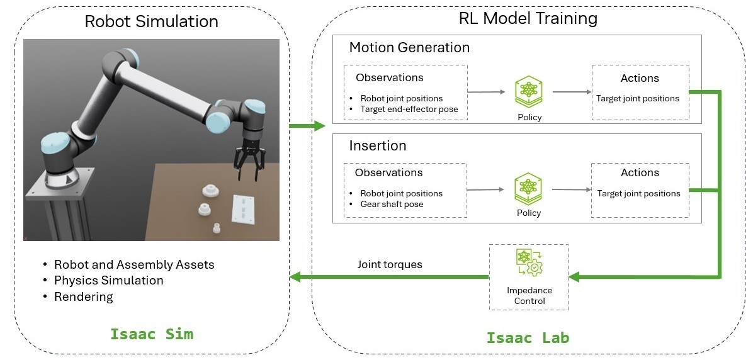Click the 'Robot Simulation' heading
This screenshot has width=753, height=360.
(x=151, y=21)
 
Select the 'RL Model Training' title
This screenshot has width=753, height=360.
(x=528, y=18)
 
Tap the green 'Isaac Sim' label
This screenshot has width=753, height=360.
(x=152, y=334)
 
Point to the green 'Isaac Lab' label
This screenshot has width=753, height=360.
(x=528, y=338)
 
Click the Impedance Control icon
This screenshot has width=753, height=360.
(x=529, y=264)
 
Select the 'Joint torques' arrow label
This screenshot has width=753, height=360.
(x=390, y=265)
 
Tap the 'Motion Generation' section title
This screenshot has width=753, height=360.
(x=409, y=48)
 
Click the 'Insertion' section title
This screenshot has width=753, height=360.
(x=378, y=146)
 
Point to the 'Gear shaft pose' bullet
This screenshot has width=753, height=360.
(x=392, y=205)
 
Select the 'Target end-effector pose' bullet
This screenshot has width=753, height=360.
(x=409, y=110)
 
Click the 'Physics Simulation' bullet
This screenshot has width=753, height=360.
(x=108, y=281)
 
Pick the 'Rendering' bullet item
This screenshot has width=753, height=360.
(x=83, y=297)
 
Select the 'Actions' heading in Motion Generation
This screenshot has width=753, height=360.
(x=640, y=78)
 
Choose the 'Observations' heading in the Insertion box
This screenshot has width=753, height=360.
(x=388, y=172)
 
